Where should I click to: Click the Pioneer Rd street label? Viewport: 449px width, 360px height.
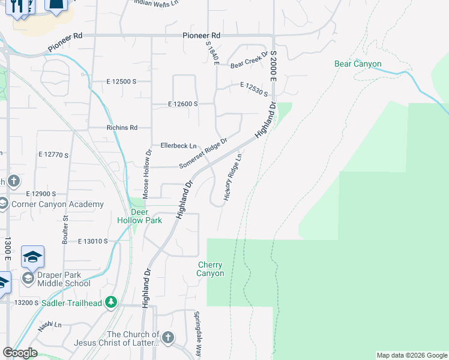coord(202,36)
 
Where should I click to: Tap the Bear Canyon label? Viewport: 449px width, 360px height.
coord(358,64)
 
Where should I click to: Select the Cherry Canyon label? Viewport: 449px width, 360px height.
coord(211,269)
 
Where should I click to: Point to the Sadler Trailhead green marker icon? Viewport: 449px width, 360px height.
coord(110,302)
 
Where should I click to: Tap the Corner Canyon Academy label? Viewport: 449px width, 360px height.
coord(56,205)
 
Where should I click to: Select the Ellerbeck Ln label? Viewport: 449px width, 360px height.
coord(179,146)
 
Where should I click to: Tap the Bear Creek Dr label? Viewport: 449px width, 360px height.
coord(249,62)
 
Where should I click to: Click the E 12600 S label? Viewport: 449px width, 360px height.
coord(183,104)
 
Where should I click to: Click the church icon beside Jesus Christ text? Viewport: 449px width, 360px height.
coord(167,338)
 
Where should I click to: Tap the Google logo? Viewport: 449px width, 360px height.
coord(19,353)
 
